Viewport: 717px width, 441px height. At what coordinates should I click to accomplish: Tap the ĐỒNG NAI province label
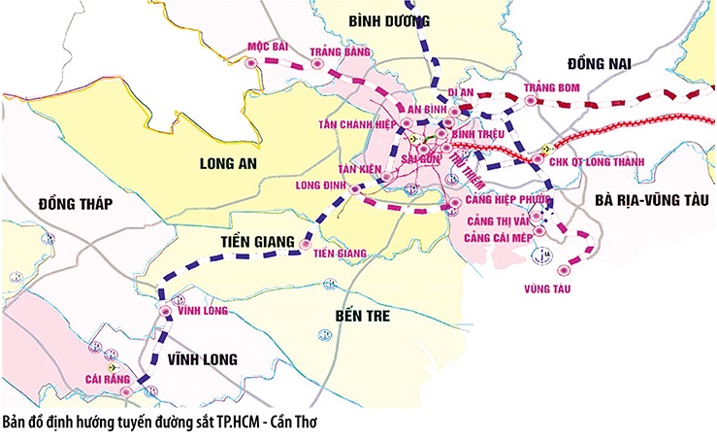click(599, 63)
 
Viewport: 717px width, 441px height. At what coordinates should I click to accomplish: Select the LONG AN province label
click(226, 163)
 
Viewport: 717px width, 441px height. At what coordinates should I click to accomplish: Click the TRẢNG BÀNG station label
click(336, 51)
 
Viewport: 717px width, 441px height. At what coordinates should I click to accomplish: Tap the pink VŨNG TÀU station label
click(544, 288)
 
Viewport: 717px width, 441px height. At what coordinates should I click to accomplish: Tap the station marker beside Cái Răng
click(151, 390)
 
